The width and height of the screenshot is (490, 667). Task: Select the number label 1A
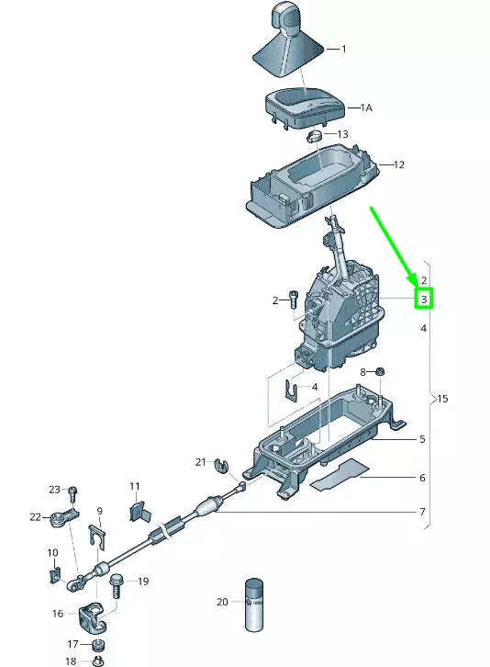[x=365, y=107]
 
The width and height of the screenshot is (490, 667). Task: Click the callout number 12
[x=399, y=165]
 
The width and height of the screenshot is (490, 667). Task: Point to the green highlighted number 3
[x=424, y=300]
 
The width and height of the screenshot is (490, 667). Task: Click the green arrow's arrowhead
[x=414, y=279]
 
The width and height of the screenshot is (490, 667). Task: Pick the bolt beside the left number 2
[x=293, y=299]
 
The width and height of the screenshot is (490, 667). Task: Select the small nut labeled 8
[x=380, y=372]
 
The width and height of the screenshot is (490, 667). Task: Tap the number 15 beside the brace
[x=442, y=399]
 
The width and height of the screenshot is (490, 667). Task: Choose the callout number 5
[x=422, y=439]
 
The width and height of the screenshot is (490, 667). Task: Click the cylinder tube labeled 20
[x=253, y=604]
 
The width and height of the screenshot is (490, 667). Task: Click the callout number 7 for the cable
[x=422, y=511]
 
